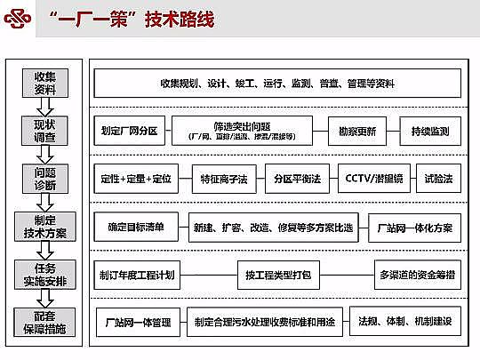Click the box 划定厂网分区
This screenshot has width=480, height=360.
[x=128, y=131]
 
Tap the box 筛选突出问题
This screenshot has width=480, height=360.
[x=242, y=131]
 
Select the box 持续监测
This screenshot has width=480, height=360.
[x=430, y=131]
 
